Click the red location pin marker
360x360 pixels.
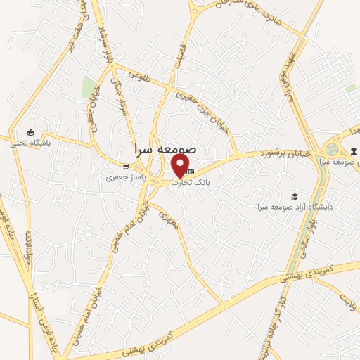click(181, 166)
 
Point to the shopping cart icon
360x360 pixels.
click(126, 167)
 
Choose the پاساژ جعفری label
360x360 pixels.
click(124, 179)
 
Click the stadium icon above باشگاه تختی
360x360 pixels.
click(29, 131)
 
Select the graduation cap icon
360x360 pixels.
click(295, 196)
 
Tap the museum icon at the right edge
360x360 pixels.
click(352, 150)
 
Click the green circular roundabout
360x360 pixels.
click(331, 150)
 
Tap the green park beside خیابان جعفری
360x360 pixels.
click(89, 88)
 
